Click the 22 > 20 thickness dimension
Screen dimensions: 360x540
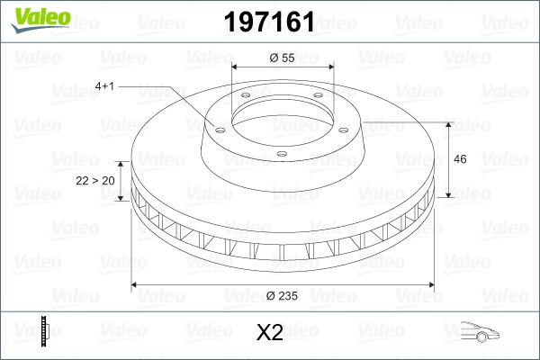point(94,180)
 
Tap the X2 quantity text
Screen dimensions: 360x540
point(270,332)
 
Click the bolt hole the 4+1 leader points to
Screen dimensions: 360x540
point(216,127)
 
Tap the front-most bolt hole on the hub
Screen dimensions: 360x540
point(281,153)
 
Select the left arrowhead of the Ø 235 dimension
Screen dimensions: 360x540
point(136,285)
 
